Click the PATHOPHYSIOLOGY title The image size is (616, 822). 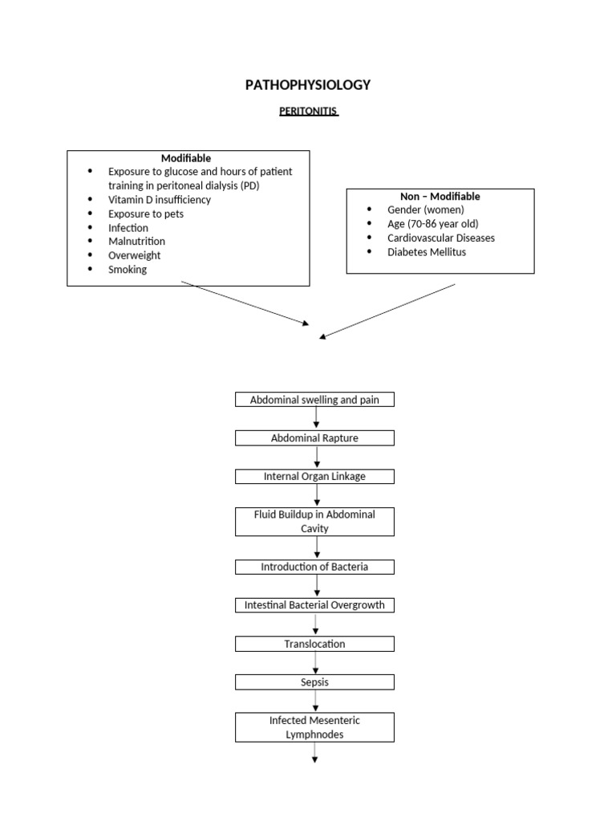point(309,85)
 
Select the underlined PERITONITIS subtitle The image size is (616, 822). point(309,112)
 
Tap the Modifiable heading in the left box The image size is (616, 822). point(186,158)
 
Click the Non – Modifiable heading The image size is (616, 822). point(440,196)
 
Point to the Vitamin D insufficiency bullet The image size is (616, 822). point(160,199)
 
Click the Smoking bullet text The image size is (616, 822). point(128,269)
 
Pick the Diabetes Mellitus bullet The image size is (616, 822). point(427,251)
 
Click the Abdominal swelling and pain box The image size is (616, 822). point(314,400)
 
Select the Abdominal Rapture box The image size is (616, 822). point(314,437)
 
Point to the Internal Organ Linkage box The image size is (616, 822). point(314,476)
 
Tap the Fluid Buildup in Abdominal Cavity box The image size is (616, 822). point(314,522)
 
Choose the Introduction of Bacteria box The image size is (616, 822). point(314,567)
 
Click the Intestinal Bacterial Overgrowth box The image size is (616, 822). point(314,605)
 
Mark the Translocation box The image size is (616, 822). point(314,644)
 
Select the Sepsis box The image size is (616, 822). point(314,682)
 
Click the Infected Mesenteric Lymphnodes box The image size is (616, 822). point(314,727)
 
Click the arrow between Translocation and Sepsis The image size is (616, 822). point(315,663)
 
